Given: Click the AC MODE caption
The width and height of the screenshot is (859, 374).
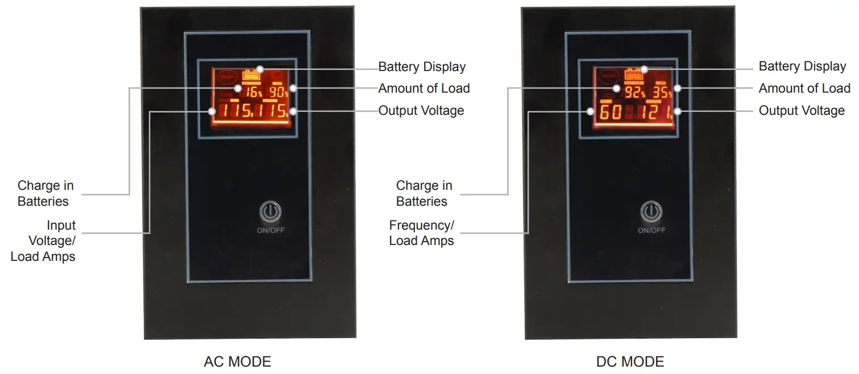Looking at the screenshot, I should pos(237,361).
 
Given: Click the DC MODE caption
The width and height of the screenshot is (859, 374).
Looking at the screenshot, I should pos(630,361).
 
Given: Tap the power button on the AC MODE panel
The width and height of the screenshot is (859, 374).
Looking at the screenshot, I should pos(270,212).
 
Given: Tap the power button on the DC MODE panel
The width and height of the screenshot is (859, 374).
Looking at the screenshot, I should pos(651,212).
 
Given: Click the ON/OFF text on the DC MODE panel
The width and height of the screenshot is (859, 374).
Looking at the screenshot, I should pos(651,230).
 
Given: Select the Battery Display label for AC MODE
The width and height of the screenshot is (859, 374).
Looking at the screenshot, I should pos(422,67).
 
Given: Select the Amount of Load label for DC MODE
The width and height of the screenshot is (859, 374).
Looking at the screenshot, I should pos(804,88).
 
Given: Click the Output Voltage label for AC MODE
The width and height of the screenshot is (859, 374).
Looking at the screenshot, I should pos(421,110).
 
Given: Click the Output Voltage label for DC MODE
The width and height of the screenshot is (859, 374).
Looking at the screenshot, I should pos(802,110).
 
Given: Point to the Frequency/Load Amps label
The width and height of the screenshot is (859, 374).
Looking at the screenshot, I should pos(421,233).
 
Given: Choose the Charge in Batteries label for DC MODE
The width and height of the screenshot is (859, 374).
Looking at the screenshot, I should pos(424,193).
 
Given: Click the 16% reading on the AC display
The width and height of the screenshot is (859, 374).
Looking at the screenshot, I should pos(254,93).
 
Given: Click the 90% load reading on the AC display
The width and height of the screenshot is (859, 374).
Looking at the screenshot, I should pos(278,93).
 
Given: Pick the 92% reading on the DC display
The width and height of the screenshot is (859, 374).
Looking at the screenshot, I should pos(634,93).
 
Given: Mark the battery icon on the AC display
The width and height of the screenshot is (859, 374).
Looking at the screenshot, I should pos(251,74).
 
